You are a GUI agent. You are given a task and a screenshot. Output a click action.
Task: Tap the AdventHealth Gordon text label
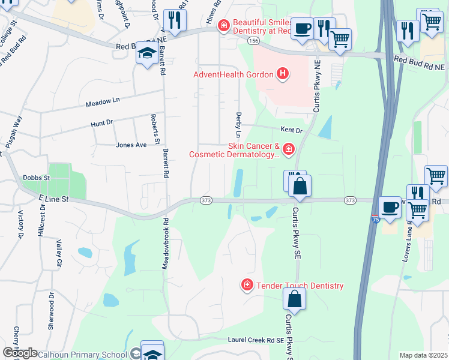(x=233, y=75)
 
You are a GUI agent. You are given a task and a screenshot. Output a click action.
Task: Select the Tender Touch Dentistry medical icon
(x=246, y=286)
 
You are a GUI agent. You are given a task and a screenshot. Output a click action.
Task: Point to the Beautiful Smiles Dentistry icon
(x=223, y=25)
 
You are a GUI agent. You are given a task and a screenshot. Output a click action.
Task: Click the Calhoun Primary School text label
(x=82, y=355)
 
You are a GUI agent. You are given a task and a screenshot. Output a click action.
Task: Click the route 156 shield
(x=252, y=40)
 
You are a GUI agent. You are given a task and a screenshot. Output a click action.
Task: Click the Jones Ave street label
(x=131, y=145)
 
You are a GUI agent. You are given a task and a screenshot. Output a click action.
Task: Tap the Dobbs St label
(x=35, y=178)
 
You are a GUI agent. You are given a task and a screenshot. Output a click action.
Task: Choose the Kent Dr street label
(x=291, y=130)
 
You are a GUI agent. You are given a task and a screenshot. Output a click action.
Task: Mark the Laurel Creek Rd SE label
(x=255, y=340)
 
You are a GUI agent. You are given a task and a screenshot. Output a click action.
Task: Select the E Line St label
(x=54, y=199)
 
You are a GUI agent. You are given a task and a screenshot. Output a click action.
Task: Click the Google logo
(x=20, y=353)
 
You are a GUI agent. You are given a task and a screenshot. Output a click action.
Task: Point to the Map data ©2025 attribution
(x=423, y=355)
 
